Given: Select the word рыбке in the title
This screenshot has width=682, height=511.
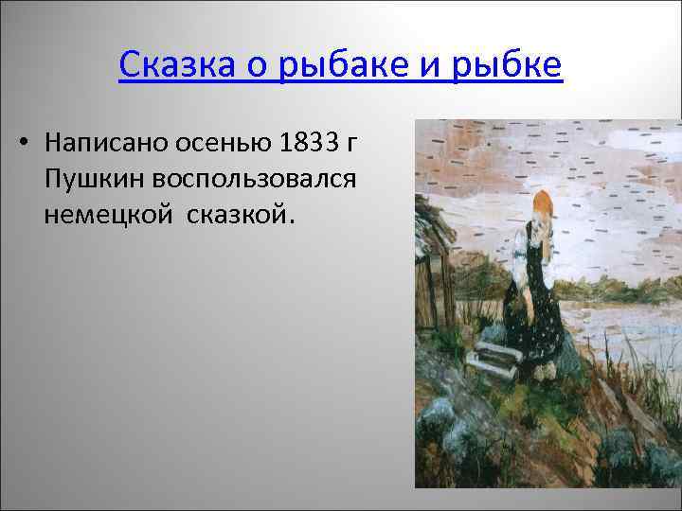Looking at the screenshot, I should pos(509,66).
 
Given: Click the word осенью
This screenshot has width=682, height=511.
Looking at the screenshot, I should pos(223,143).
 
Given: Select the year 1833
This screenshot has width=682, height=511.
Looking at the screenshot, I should pos(306,143).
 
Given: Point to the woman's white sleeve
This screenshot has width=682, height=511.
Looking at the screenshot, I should pos(519,252).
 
